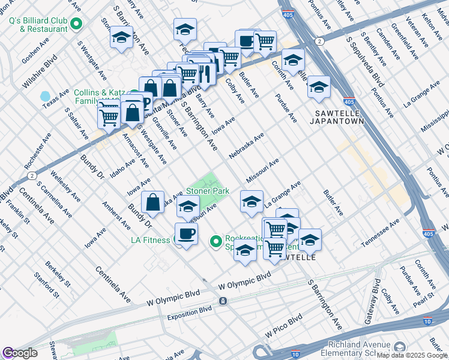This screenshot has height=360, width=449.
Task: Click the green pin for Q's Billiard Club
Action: point(76,23)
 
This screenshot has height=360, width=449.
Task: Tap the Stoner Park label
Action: point(208,191)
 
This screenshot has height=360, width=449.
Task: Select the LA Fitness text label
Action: point(151,241)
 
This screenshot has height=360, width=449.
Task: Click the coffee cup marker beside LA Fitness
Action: point(186,233)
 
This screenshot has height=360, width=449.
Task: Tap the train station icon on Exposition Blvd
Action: point(223,301)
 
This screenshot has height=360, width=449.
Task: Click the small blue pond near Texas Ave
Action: point(45,96)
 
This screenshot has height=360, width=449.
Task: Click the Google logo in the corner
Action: point(19,353)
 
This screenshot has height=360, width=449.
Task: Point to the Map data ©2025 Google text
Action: point(412,355)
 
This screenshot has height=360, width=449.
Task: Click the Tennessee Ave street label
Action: point(380,234)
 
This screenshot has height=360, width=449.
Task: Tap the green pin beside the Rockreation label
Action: point(217,241)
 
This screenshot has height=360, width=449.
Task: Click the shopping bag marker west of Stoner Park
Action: point(154,202)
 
